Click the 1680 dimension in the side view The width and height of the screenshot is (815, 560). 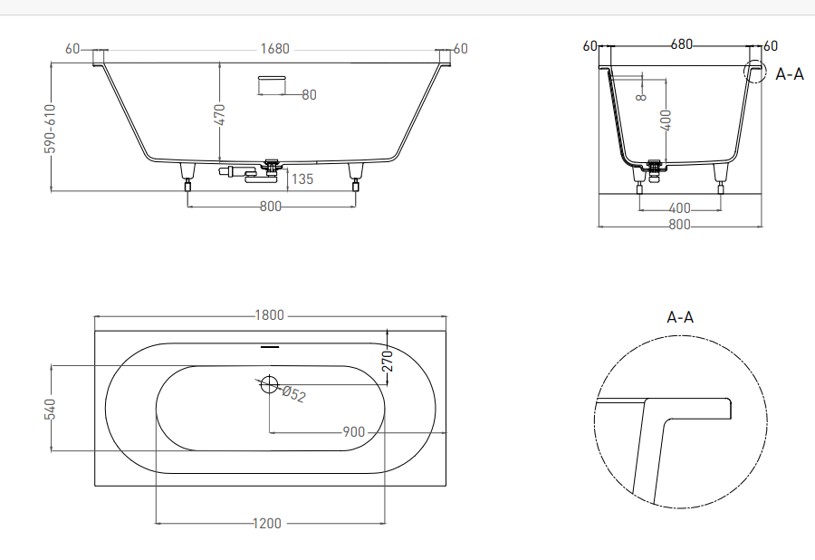(274, 49)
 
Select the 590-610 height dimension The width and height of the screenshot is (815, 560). (50, 129)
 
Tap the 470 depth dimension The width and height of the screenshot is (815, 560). (219, 114)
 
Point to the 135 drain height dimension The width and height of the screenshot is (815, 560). (302, 179)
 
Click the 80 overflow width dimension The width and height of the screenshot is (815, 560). (309, 94)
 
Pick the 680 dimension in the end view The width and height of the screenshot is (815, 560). (681, 44)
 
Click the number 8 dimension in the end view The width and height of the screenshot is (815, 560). (641, 97)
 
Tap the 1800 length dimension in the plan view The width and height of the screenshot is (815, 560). (269, 315)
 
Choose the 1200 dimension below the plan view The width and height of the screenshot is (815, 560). (266, 523)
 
